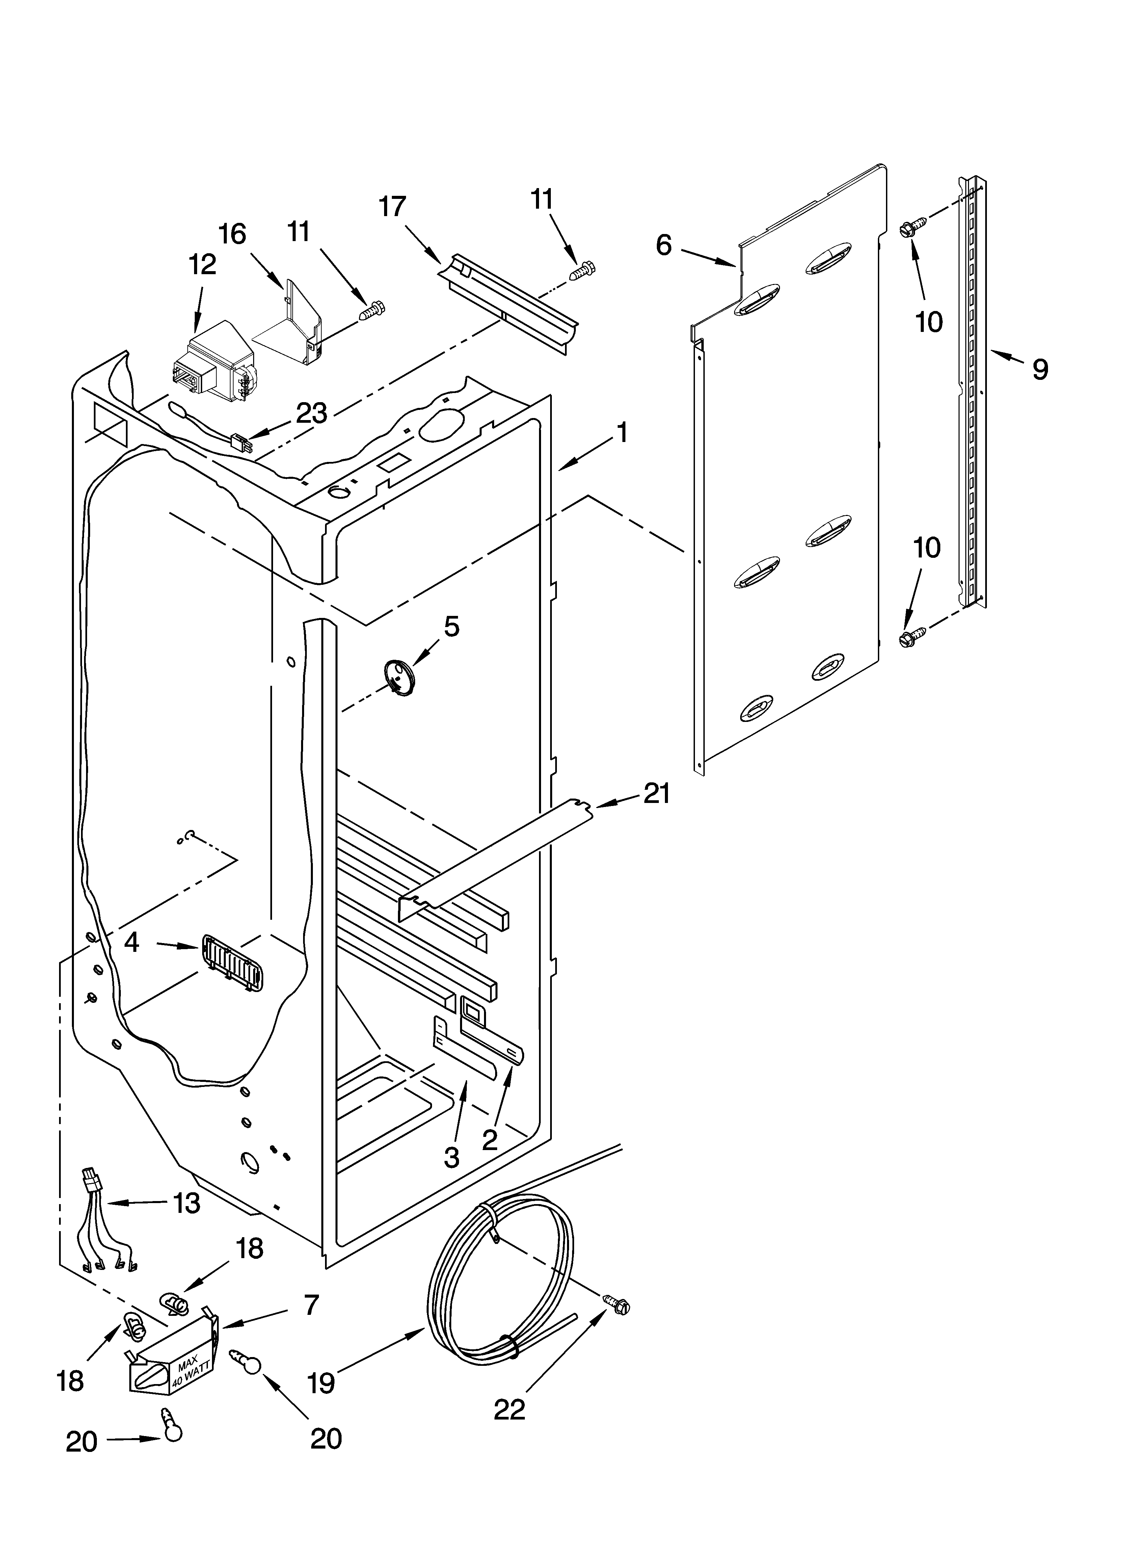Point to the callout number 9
[1040, 370]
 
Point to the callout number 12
[201, 264]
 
